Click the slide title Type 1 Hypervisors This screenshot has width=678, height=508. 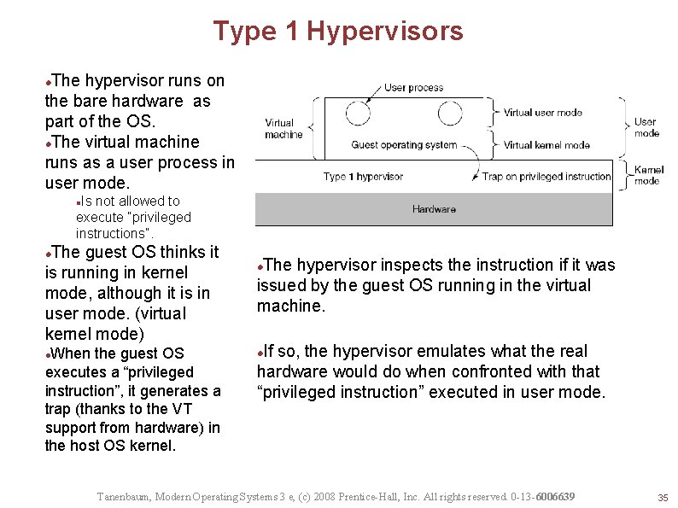pyautogui.click(x=338, y=32)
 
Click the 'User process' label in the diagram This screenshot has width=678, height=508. pyautogui.click(x=413, y=87)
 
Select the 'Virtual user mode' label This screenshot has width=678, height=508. pyautogui.click(x=542, y=112)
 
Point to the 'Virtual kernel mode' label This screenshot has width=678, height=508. pyautogui.click(x=546, y=145)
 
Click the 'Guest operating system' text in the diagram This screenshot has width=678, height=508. pyautogui.click(x=404, y=145)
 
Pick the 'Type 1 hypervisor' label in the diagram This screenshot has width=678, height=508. pyautogui.click(x=363, y=177)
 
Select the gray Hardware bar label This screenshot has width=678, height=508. pyautogui.click(x=434, y=209)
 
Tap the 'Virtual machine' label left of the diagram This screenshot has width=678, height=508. pyautogui.click(x=283, y=129)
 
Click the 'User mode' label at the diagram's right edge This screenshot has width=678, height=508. pyautogui.click(x=646, y=127)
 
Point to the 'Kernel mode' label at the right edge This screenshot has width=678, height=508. pyautogui.click(x=648, y=176)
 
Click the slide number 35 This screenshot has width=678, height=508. pyautogui.click(x=662, y=498)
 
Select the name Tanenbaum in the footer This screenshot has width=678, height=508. pyautogui.click(x=126, y=497)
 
